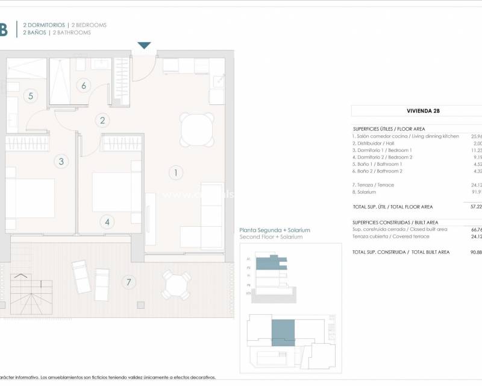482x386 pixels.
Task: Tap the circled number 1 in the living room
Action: point(175,173)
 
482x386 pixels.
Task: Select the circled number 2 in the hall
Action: point(102,121)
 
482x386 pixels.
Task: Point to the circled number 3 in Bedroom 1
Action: point(60,161)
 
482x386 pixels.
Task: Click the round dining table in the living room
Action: point(197,129)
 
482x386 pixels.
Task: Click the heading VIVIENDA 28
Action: point(415,111)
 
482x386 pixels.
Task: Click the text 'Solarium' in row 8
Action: point(367,192)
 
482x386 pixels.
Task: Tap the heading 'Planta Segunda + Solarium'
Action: point(274,230)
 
